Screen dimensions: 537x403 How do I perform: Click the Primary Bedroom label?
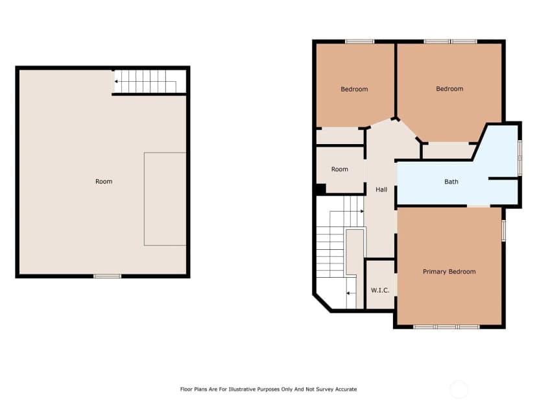pyautogui.click(x=449, y=272)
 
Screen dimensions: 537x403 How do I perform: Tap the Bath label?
pyautogui.click(x=451, y=182)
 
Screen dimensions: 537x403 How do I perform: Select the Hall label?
pyautogui.click(x=381, y=189)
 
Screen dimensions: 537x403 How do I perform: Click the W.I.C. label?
pyautogui.click(x=380, y=290)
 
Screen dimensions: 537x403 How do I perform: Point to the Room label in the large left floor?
pyautogui.click(x=104, y=181)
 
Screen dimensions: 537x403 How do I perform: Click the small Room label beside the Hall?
pyautogui.click(x=339, y=169)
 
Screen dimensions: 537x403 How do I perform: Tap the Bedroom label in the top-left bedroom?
pyautogui.click(x=354, y=89)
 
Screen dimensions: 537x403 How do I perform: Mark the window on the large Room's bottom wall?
pyautogui.click(x=107, y=276)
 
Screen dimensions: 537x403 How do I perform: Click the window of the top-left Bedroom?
pyautogui.click(x=359, y=42)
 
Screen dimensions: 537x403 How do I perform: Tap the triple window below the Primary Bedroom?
pyautogui.click(x=447, y=327)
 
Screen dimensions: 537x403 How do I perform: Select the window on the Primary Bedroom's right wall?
pyautogui.click(x=504, y=230)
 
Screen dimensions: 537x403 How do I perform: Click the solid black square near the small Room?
pyautogui.click(x=321, y=189)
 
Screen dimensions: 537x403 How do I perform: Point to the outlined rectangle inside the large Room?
pyautogui.click(x=165, y=199)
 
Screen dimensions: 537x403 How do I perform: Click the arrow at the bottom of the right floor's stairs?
pyautogui.click(x=350, y=293)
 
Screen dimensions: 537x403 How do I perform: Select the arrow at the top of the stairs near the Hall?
pyautogui.click(x=360, y=212)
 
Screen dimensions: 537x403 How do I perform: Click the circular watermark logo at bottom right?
pyautogui.click(x=459, y=389)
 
